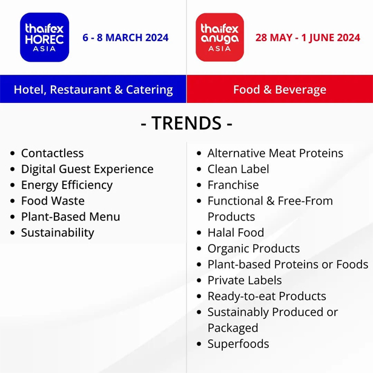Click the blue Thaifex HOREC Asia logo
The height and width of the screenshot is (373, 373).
coord(44,38)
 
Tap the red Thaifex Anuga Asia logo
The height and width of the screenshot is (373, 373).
coord(220,38)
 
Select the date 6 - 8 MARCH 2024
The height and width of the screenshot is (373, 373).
coord(125,38)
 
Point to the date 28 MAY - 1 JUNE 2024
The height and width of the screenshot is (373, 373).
coord(308,38)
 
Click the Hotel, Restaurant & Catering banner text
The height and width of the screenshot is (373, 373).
coord(93,90)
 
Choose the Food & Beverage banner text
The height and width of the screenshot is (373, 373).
coord(280,90)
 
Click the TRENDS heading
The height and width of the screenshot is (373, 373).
coord(187,123)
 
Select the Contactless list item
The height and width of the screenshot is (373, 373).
coord(52,153)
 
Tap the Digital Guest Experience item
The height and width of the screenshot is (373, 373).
coord(87,170)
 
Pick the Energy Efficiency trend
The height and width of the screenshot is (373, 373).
coord(67,185)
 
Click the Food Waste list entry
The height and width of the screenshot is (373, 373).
coord(53,201)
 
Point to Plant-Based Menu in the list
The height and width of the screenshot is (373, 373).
coord(71,217)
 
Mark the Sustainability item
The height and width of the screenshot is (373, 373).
coord(58,233)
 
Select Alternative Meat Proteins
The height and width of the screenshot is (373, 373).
coord(276,153)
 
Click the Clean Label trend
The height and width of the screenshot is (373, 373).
coord(239,169)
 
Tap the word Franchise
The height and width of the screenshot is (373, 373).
coord(233,185)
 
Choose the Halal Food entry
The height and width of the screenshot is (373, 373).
coord(236,233)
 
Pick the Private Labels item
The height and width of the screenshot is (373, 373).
coord(245,280)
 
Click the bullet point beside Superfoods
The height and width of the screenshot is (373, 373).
coord(199,344)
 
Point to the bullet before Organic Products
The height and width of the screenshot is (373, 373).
coord(199,249)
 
